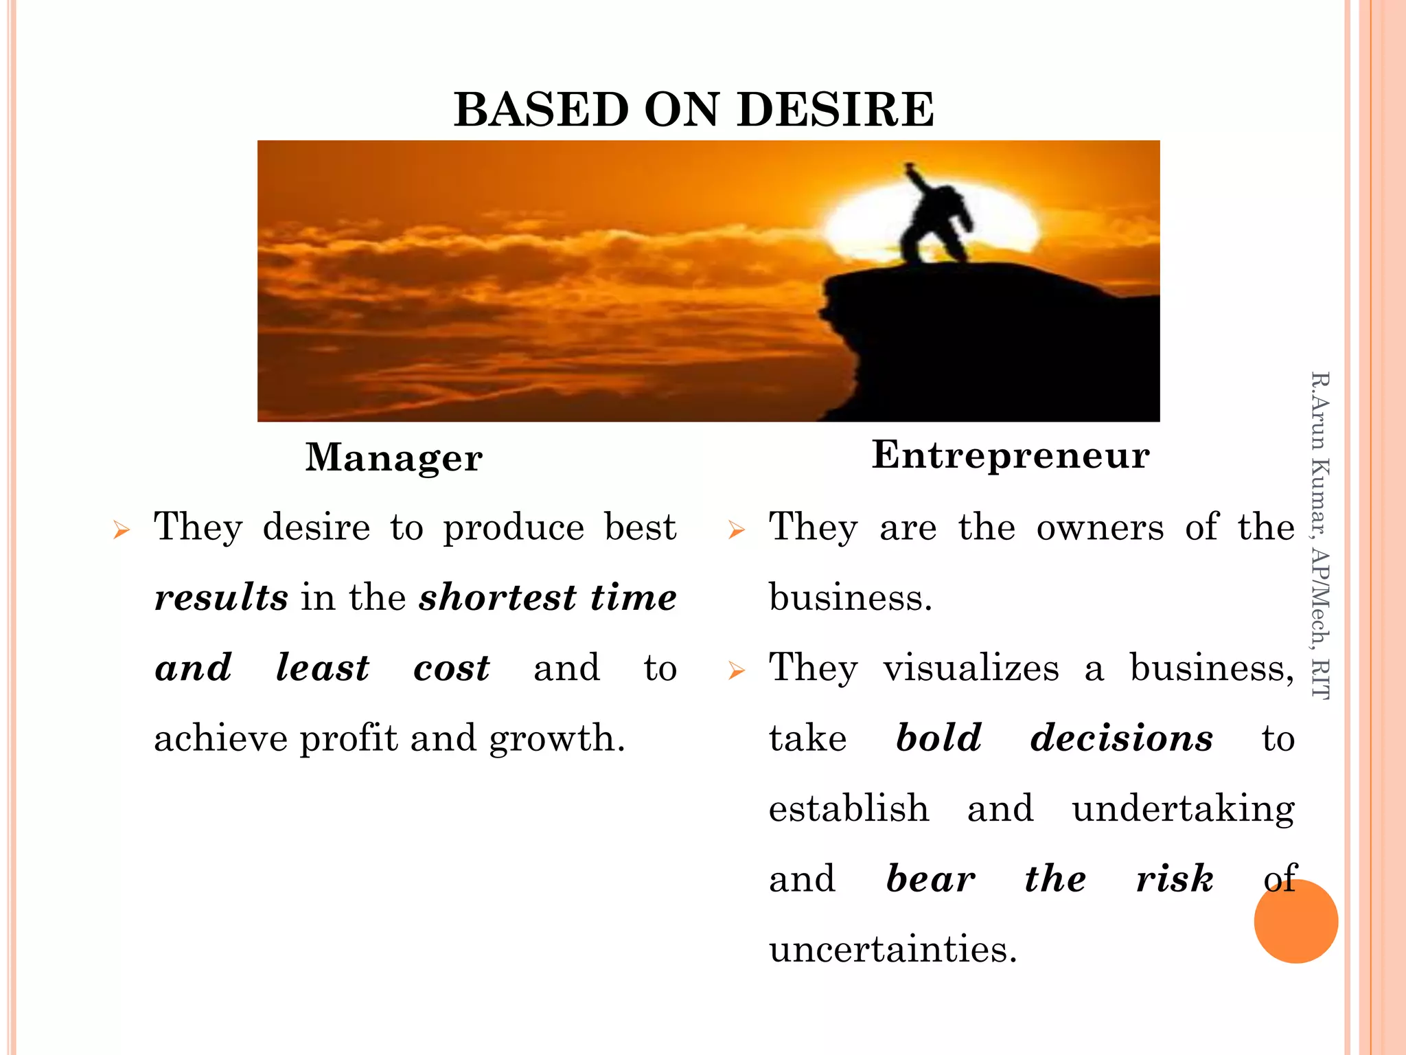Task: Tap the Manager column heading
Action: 393,457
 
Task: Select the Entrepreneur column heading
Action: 1011,455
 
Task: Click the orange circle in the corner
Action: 1295,921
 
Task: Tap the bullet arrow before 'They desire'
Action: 122,530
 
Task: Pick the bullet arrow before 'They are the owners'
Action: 736,530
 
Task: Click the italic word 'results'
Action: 221,597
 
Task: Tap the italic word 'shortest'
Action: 498,597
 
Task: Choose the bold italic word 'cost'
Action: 451,668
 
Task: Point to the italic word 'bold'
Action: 938,738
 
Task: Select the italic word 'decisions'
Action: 1121,738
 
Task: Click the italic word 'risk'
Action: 1174,878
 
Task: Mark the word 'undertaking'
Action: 1183,809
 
